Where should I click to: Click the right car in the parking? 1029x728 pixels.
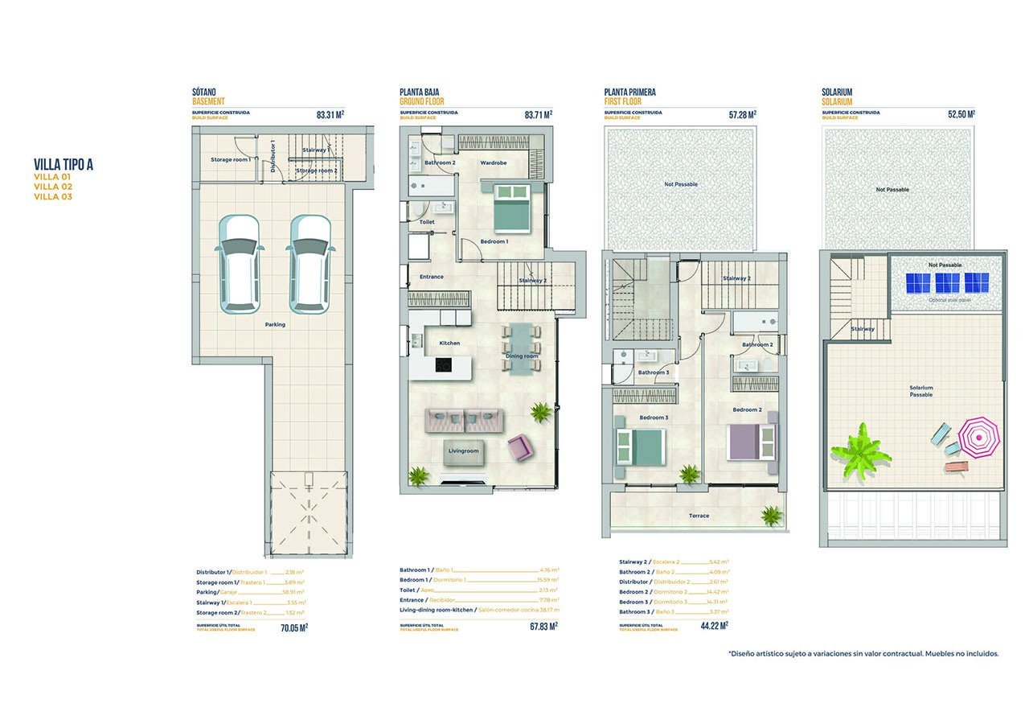311,263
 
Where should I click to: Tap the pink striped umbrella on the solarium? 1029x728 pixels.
978,437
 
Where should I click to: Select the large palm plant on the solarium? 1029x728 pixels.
860,450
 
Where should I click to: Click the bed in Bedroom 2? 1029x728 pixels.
752,442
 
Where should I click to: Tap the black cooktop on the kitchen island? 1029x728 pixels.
443,365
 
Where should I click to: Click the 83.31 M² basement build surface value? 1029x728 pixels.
330,115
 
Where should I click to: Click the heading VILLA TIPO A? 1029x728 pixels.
64,165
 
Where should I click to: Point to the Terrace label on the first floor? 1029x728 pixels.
699,516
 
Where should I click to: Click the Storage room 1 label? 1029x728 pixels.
231,159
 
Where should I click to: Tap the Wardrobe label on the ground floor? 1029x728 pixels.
493,162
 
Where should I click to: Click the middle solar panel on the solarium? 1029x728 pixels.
948,283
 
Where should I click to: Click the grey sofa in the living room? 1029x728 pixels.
464,420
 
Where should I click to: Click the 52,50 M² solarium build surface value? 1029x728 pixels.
961,115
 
